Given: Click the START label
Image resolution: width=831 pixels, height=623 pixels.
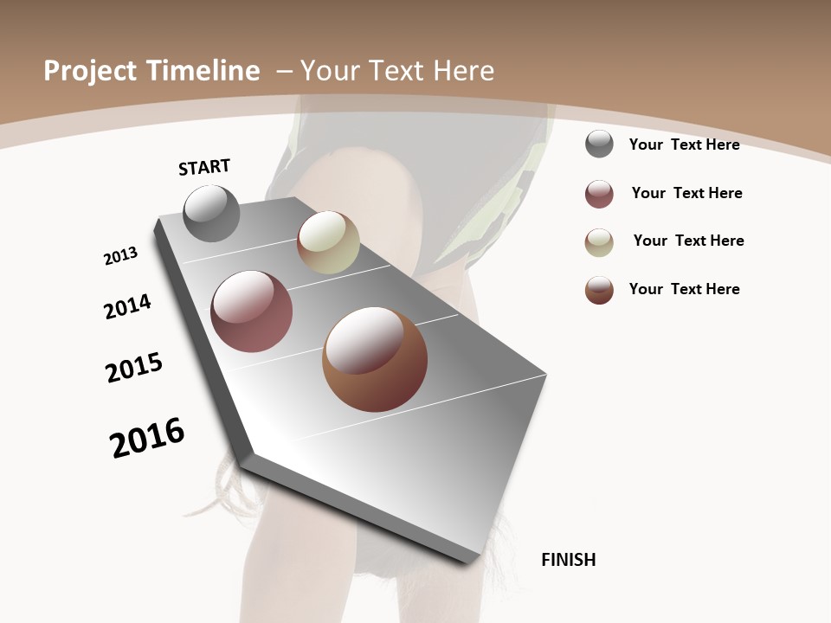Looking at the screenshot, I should tap(204, 167).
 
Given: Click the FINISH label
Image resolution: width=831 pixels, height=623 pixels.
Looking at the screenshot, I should tap(568, 560).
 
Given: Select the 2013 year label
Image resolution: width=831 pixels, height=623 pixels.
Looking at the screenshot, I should tap(120, 256).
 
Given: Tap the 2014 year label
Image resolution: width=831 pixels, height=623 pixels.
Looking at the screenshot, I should tap(127, 307).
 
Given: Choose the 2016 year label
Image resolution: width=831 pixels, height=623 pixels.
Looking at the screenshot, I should tap(147, 438).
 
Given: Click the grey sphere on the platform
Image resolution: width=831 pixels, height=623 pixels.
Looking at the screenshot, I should tap(212, 214).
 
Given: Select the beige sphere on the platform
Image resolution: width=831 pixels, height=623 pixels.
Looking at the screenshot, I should tap(328, 243).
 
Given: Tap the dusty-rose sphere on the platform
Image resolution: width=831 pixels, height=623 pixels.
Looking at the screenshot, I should tap(251, 311).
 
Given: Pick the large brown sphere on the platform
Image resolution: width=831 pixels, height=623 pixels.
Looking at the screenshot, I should tap(375, 359).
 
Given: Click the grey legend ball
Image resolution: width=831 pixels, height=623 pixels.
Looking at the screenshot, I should tap(599, 145).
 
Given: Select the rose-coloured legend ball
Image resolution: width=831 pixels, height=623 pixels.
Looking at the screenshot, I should tap(599, 194).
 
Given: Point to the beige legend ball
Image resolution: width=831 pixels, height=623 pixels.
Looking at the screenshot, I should tap(599, 242).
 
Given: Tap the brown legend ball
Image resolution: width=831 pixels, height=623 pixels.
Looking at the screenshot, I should tap(599, 290).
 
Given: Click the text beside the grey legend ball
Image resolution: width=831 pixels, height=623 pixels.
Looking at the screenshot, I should tap(684, 145).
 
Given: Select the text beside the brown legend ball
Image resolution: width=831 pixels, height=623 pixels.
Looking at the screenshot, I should tap(684, 289).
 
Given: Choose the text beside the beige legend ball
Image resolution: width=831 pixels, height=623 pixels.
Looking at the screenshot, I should tap(688, 241).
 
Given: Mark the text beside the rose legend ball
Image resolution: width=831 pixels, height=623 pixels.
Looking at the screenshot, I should tap(686, 193).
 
